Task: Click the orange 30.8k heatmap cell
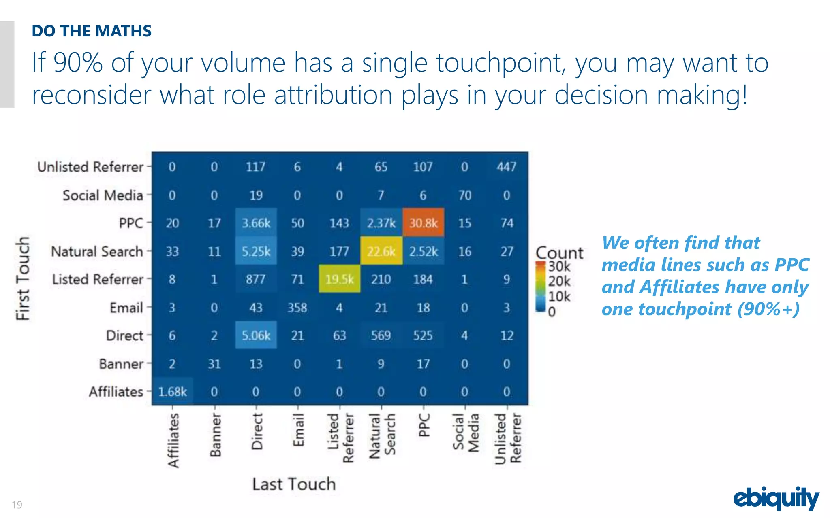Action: (x=423, y=223)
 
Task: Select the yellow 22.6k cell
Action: (x=381, y=251)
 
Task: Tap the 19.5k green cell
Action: (x=339, y=279)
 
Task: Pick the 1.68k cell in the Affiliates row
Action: (x=173, y=392)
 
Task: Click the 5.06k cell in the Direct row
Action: (x=256, y=335)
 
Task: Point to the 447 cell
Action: (x=507, y=167)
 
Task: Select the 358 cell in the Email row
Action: (x=297, y=308)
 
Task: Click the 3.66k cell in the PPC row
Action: (x=256, y=223)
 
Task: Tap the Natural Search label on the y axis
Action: (x=97, y=251)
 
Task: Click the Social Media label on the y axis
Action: (x=103, y=195)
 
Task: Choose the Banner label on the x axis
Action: (x=216, y=435)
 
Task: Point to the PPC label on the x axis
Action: (x=424, y=425)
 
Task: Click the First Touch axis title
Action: (x=23, y=278)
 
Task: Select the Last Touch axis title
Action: (x=294, y=484)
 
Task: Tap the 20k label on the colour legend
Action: (x=559, y=281)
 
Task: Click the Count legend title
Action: (x=559, y=253)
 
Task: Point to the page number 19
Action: (x=17, y=505)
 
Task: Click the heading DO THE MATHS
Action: (x=92, y=31)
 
